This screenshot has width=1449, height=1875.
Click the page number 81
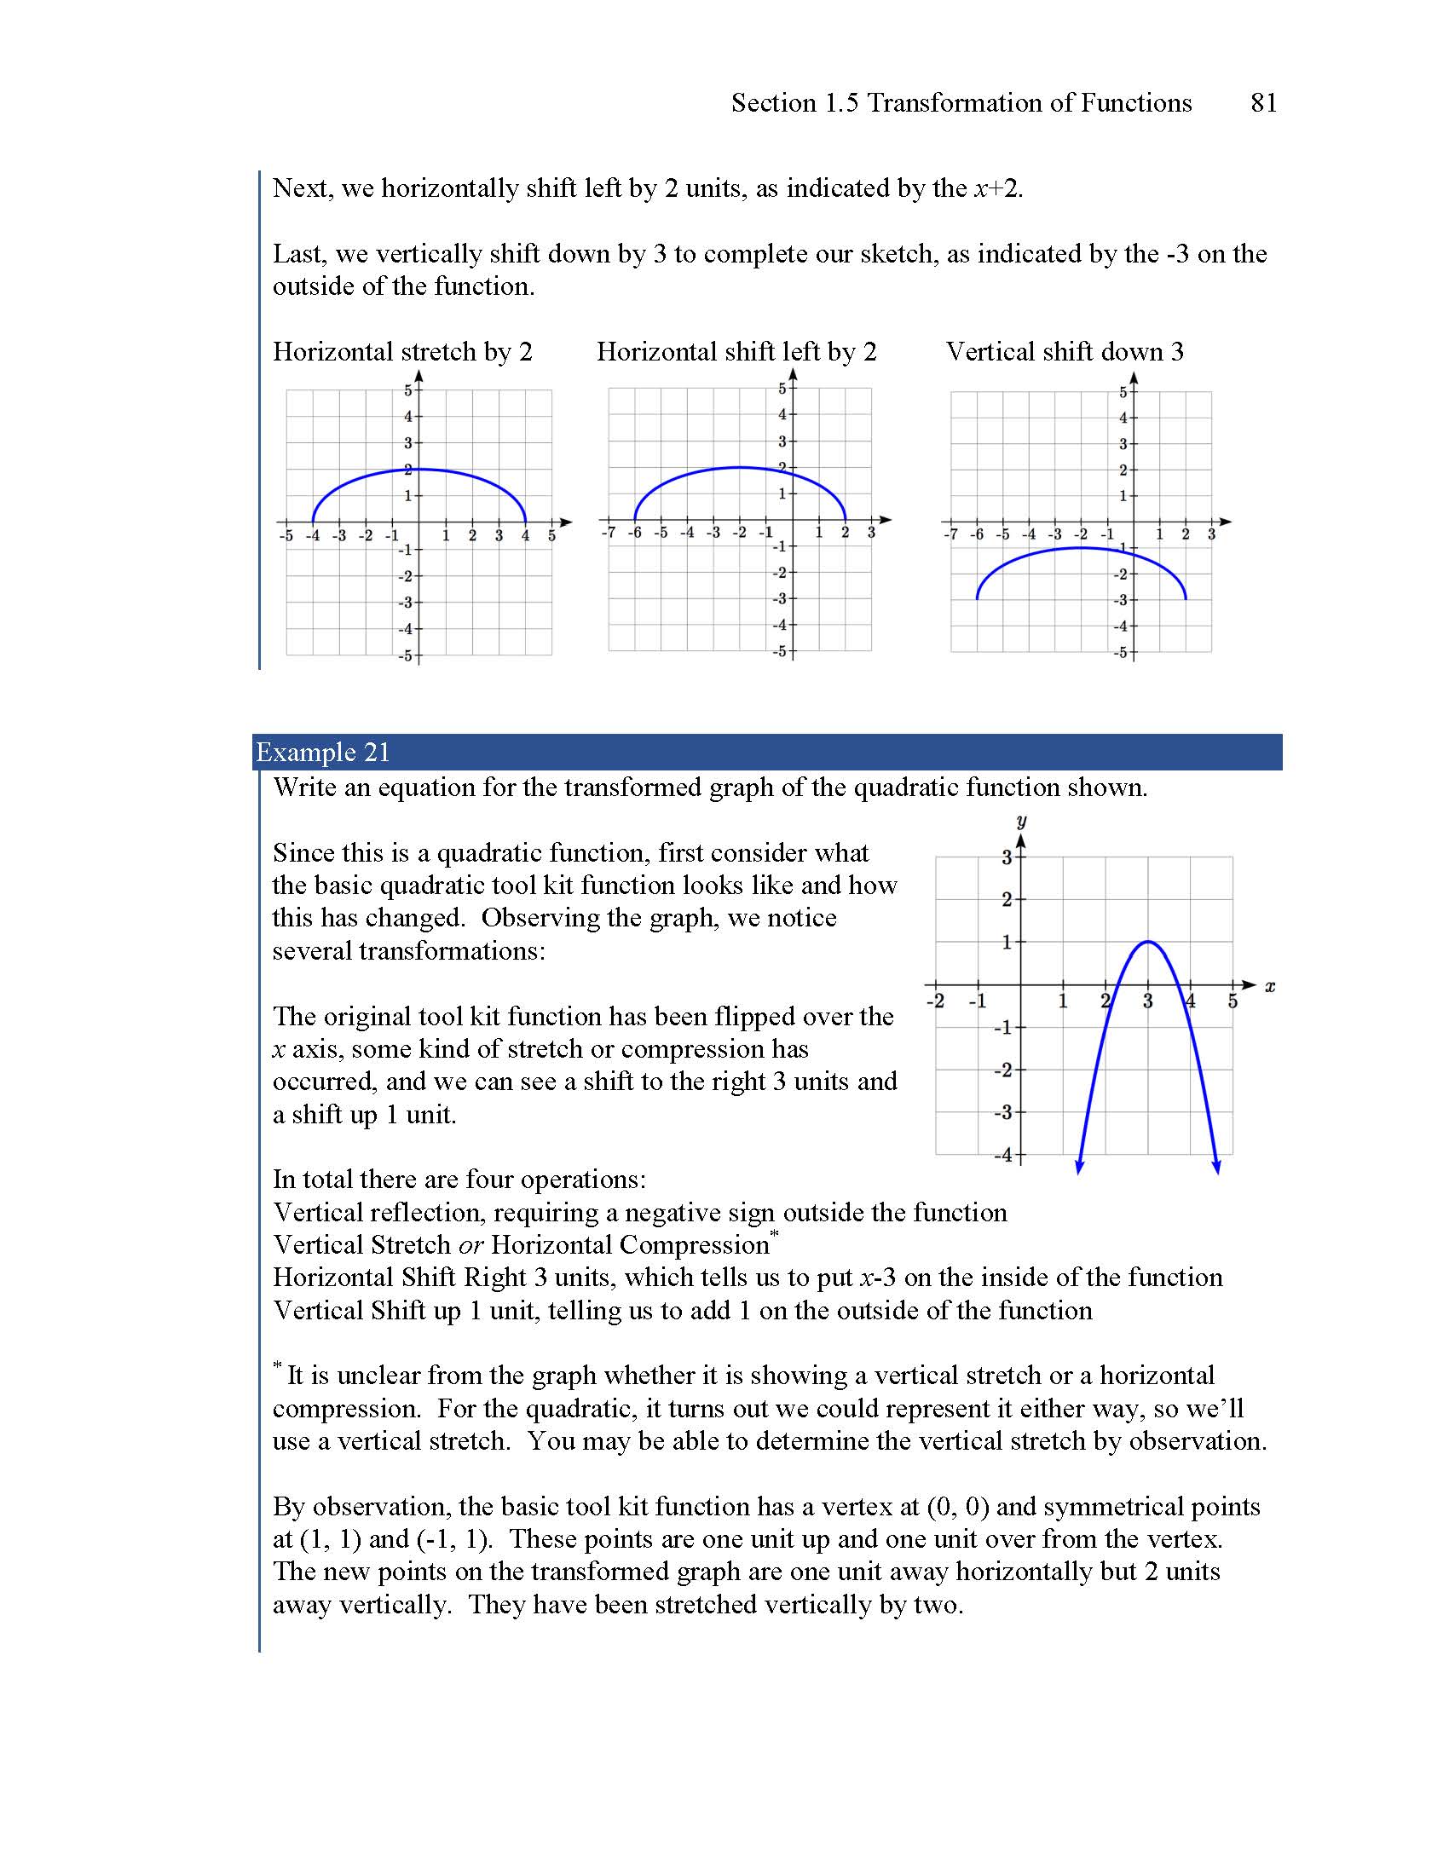(x=1262, y=103)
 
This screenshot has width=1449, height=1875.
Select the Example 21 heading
(x=323, y=752)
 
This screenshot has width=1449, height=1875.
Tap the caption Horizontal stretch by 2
(x=402, y=351)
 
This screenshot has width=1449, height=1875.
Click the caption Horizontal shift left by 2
(x=736, y=351)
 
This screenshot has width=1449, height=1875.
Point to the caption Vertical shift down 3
(x=1065, y=351)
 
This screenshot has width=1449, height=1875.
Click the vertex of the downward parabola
(x=1148, y=942)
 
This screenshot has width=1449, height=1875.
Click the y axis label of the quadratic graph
(x=1021, y=822)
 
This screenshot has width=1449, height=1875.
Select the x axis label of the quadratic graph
(x=1271, y=986)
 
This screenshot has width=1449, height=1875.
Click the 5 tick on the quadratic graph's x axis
(x=1233, y=1001)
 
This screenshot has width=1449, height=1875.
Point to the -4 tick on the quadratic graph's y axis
(x=1003, y=1155)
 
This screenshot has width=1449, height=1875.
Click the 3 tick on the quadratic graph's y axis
(x=1007, y=857)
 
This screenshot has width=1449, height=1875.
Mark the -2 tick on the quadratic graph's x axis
(x=936, y=1001)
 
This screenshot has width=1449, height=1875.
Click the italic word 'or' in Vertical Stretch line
(x=470, y=1245)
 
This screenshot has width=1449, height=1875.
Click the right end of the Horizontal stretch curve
(x=525, y=521)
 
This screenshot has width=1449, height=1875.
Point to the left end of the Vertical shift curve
(x=977, y=598)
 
